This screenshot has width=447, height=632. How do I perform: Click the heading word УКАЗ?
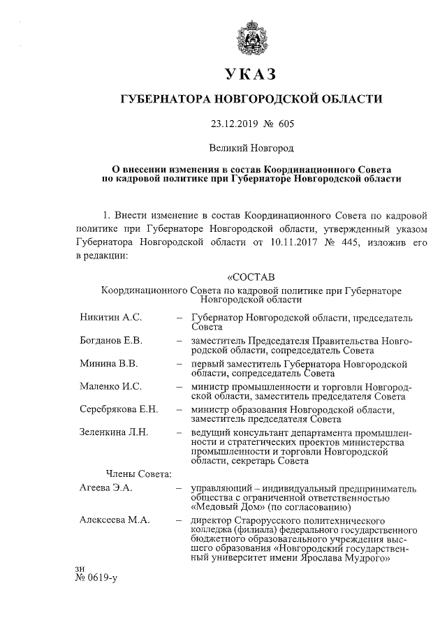tap(251, 75)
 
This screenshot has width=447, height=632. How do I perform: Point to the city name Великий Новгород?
tap(251, 148)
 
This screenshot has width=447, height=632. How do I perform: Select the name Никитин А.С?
tap(111, 318)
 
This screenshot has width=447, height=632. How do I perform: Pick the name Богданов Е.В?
tap(112, 341)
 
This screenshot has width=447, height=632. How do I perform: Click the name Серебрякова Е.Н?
tap(119, 409)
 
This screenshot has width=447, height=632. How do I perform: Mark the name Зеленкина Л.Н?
tap(114, 432)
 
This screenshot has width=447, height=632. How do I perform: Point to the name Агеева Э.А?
tap(106, 487)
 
